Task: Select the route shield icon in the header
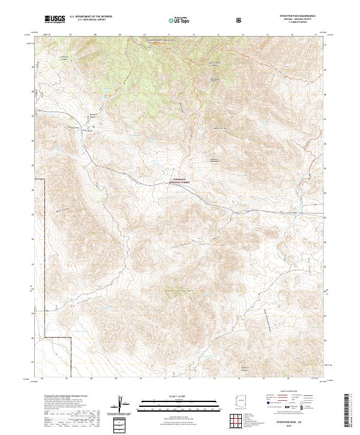tap(241, 20)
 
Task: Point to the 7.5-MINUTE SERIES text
tap(298, 23)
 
